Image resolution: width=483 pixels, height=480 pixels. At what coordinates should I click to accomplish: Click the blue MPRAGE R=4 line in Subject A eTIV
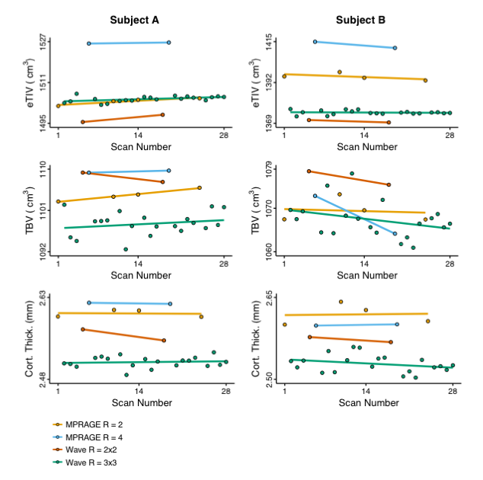point(128,43)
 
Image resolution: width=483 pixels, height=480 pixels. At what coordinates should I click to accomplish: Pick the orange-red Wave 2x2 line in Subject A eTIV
point(122,118)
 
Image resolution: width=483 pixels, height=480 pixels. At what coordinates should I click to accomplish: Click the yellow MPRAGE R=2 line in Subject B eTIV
point(354,77)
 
